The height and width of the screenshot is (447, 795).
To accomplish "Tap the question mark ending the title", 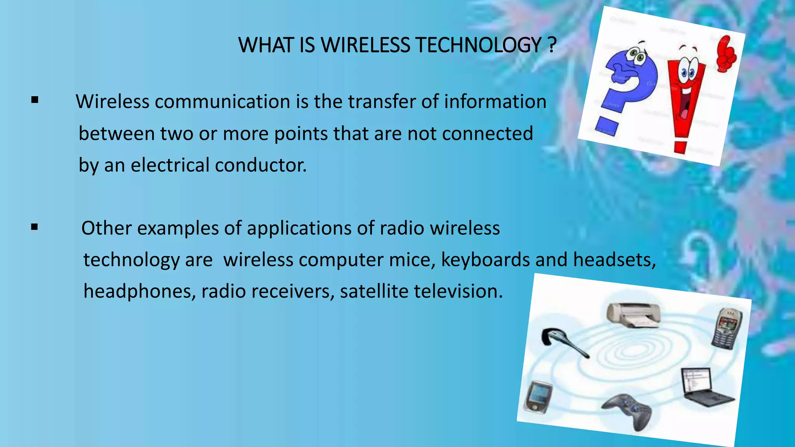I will click(552, 45).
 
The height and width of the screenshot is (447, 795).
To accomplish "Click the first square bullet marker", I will click(35, 100).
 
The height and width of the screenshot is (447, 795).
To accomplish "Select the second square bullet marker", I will click(35, 227).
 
